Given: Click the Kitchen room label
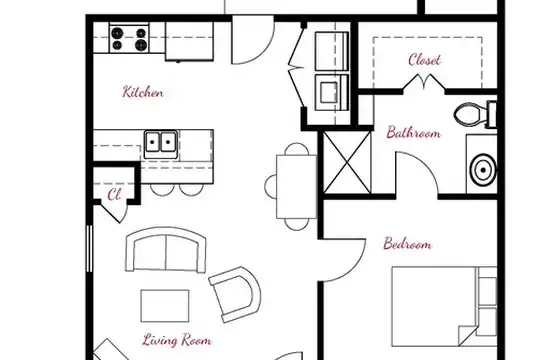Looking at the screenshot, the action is [143, 92].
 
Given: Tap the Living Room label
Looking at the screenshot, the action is [177, 340].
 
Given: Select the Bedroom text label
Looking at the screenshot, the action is [407, 244].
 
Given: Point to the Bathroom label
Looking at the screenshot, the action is [413, 133].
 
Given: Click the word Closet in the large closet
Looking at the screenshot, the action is [424, 60].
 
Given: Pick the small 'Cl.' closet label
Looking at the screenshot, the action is [114, 195].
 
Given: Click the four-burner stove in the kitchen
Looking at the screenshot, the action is [129, 38].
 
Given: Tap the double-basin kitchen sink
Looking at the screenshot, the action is [161, 144].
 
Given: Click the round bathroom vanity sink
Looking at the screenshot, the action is [484, 169].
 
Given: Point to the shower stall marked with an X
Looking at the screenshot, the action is [347, 162].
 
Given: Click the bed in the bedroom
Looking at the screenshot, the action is [444, 306].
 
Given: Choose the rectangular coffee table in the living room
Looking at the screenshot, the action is [165, 306].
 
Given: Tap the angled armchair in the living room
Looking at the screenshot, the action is [236, 294].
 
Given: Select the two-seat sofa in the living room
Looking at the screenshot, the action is [166, 249].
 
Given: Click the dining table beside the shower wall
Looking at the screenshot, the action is [297, 187].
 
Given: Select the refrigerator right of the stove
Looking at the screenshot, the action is [189, 41].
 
